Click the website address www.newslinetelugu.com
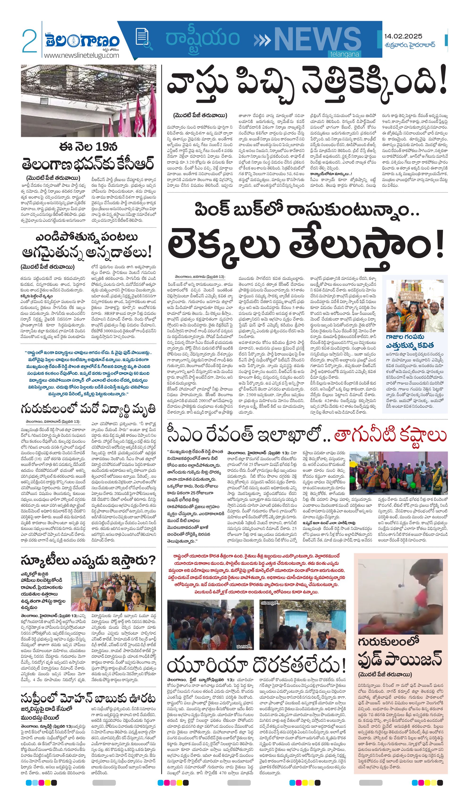pyautogui.click(x=81, y=55)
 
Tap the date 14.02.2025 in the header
pyautogui.click(x=403, y=36)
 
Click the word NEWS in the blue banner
pyautogui.click(x=318, y=39)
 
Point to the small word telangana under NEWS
pyautogui.click(x=344, y=54)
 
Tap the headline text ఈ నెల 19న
pyautogui.click(x=88, y=147)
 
